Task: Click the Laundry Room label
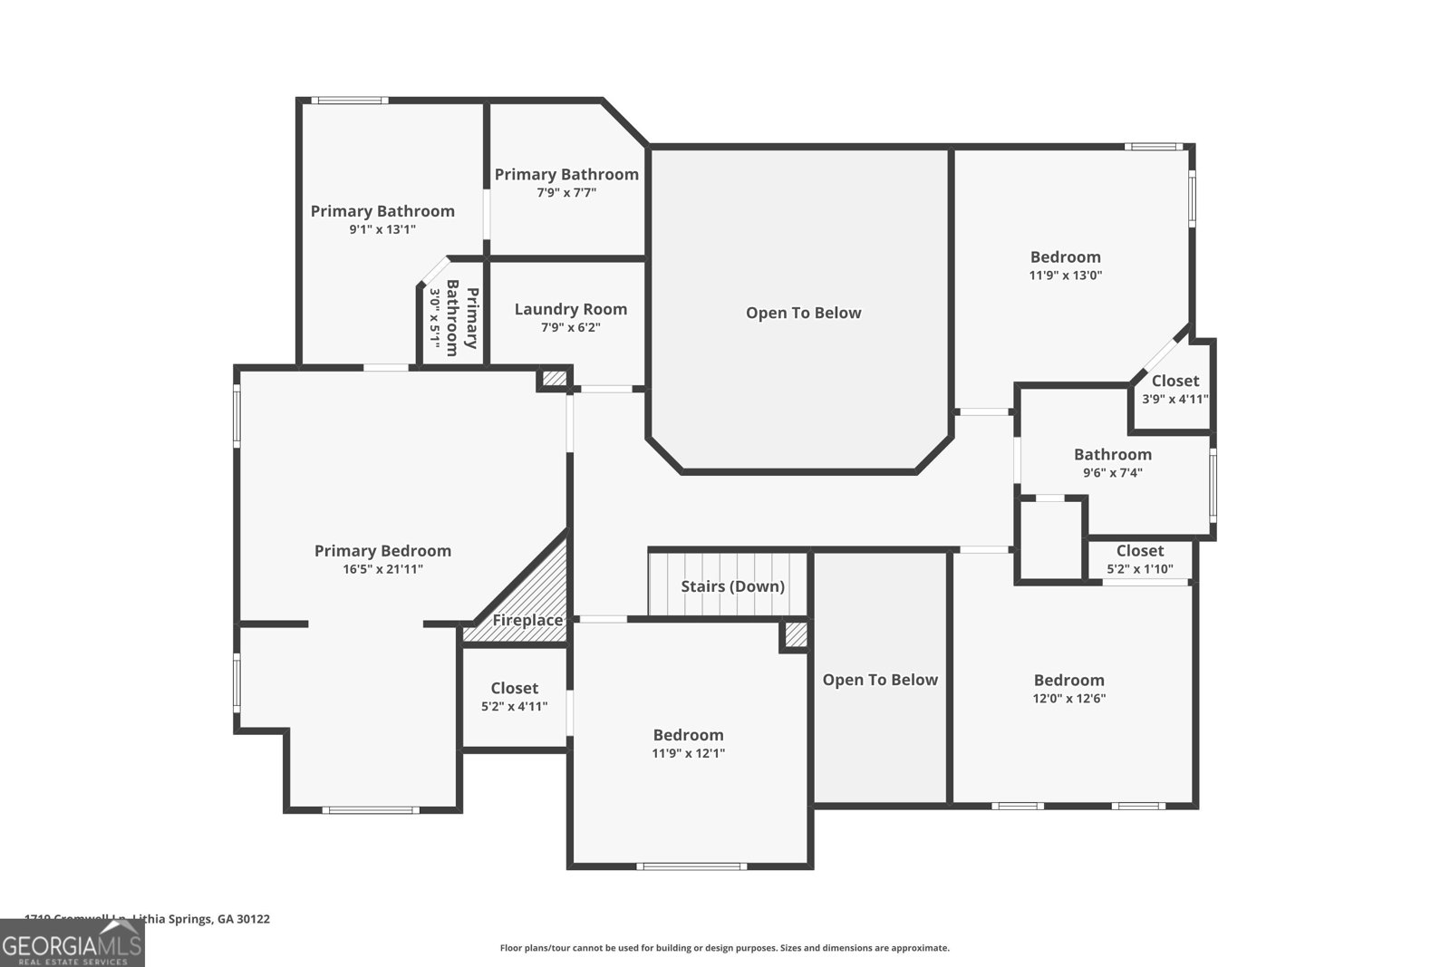(570, 309)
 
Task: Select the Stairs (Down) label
(732, 586)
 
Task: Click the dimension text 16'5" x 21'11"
(382, 569)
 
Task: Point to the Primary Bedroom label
(382, 551)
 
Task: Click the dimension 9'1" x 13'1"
(382, 229)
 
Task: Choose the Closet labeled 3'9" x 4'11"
(1174, 381)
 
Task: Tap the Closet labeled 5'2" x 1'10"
(1139, 551)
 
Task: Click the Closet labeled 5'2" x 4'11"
(514, 689)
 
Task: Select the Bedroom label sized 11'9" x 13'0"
(1065, 257)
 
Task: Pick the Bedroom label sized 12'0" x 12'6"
(1068, 681)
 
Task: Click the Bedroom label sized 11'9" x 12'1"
(688, 735)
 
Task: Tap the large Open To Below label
(803, 313)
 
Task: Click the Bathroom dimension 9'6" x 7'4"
(1112, 472)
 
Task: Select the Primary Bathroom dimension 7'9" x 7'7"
(566, 192)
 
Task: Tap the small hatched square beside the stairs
(795, 634)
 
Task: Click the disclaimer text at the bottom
(724, 948)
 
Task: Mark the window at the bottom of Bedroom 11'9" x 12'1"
(691, 866)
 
